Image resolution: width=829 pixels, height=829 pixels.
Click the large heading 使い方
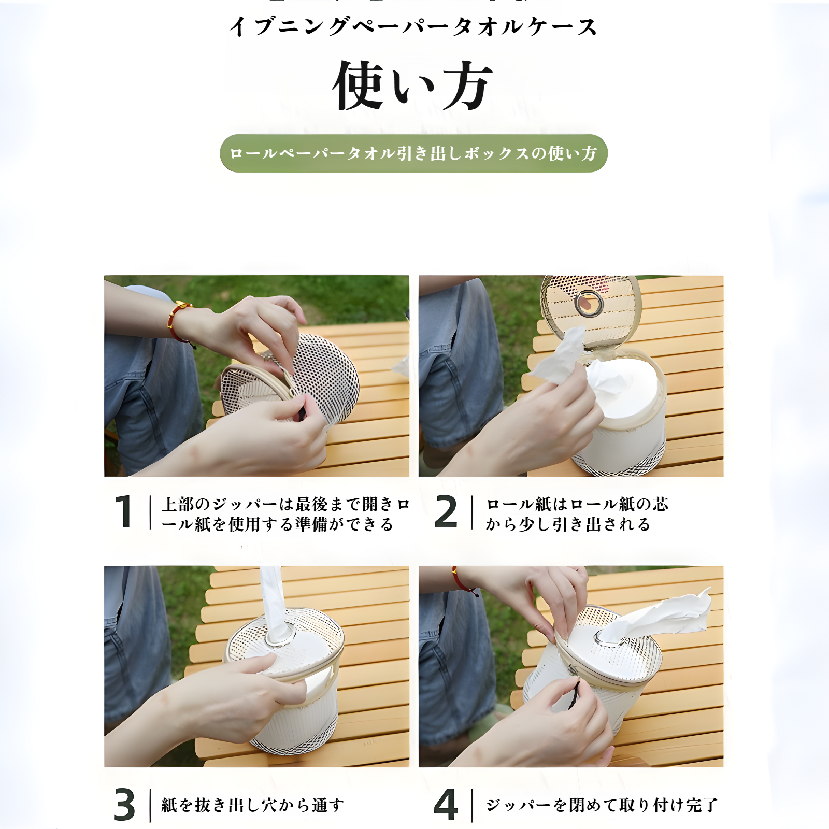(x=412, y=85)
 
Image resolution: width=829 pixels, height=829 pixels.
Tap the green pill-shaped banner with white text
(x=413, y=153)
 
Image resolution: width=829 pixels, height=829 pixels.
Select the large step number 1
(x=124, y=512)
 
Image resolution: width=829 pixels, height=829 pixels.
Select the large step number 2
(x=446, y=512)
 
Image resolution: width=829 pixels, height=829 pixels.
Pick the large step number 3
(x=124, y=805)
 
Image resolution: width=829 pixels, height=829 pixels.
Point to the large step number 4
(x=446, y=805)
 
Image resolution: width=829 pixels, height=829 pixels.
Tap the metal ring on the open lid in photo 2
(x=589, y=303)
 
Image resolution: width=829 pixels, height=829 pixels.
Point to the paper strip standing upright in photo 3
(x=273, y=596)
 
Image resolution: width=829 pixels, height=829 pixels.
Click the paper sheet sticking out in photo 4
(x=668, y=614)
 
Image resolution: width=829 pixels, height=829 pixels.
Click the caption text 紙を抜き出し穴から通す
(x=252, y=805)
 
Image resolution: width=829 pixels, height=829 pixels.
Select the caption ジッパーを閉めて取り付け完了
(x=602, y=805)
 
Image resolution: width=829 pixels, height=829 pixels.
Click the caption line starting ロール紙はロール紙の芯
(x=577, y=504)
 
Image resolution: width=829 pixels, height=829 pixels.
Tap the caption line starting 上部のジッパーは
(x=285, y=504)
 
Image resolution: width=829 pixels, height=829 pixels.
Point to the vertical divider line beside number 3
(x=151, y=805)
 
